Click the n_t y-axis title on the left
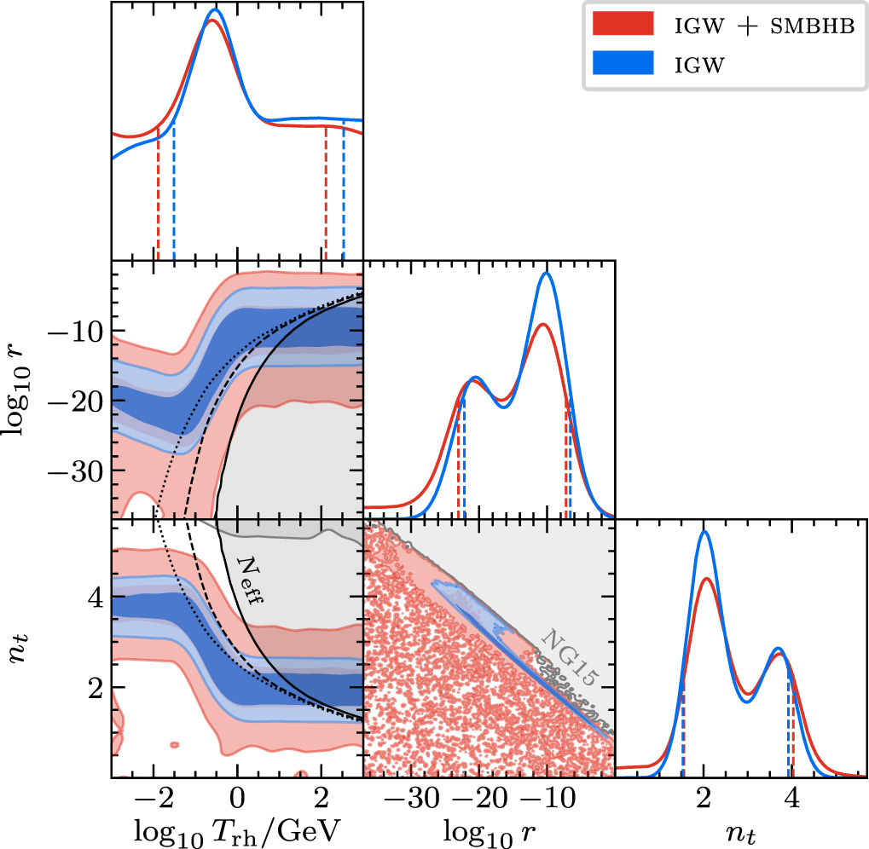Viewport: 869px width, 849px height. [x=26, y=648]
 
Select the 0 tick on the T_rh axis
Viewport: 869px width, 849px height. [x=237, y=797]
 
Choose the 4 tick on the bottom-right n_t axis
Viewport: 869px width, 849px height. [x=792, y=797]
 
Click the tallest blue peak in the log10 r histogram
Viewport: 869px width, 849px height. [x=547, y=273]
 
